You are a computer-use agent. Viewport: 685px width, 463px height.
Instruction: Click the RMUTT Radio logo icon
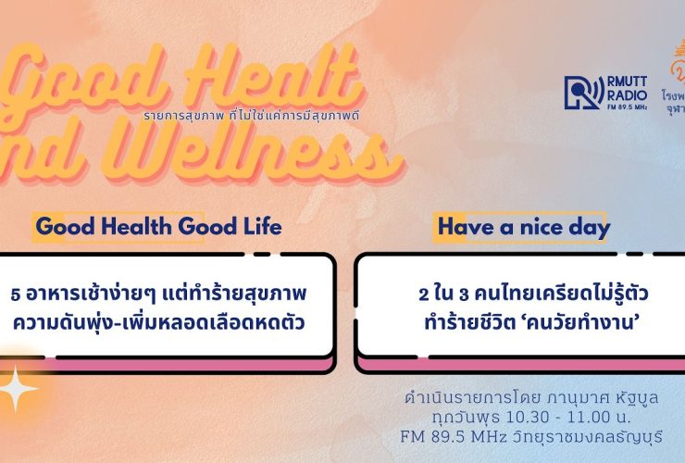click(581, 92)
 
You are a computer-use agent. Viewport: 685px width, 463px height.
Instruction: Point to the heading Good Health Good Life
click(157, 227)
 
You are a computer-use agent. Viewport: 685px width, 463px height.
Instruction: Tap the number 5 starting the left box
click(15, 294)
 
